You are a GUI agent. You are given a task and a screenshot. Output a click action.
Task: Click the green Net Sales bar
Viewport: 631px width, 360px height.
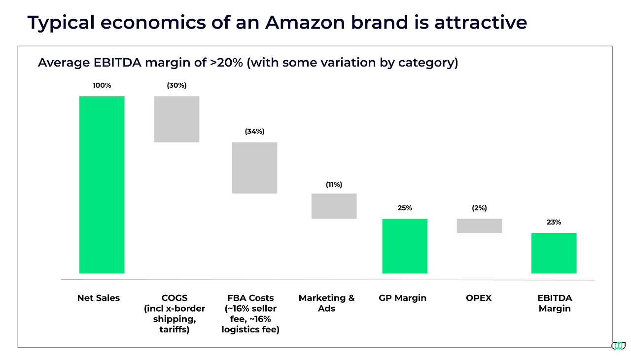point(102,184)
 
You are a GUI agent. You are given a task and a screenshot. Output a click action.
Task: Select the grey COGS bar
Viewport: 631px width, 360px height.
point(176,119)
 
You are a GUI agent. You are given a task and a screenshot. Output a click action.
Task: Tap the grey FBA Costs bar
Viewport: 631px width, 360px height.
point(254,168)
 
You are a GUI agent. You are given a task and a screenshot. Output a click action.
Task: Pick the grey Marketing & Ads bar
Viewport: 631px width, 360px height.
point(334,206)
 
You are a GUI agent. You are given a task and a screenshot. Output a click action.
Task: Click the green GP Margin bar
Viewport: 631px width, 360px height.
point(405,246)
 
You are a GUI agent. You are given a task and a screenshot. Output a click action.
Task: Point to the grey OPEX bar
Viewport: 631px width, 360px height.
point(479,225)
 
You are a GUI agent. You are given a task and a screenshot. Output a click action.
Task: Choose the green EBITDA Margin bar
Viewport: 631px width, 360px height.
point(554,253)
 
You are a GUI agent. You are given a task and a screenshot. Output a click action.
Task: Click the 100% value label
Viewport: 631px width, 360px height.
point(102,85)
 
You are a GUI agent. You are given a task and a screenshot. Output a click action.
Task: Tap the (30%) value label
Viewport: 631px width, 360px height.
point(176,85)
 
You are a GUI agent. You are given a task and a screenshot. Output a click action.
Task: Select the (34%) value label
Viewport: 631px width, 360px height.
point(254,132)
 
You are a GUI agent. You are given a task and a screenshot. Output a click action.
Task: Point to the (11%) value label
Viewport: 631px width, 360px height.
point(334,184)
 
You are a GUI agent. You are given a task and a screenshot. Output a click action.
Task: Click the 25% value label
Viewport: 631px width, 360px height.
point(405,208)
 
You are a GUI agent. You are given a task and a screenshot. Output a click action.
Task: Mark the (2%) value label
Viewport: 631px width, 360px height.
point(479,208)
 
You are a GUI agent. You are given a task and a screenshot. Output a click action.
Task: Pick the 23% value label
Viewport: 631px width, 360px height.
point(554,222)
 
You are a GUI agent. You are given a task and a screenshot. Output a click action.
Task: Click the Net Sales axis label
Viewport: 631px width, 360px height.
point(99,298)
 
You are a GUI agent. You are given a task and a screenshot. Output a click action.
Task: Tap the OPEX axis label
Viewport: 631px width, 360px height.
point(479,298)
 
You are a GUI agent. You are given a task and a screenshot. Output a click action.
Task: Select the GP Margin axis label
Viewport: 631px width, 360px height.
point(403,298)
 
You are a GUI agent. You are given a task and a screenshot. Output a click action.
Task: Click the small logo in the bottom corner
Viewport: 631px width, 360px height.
point(618,346)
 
